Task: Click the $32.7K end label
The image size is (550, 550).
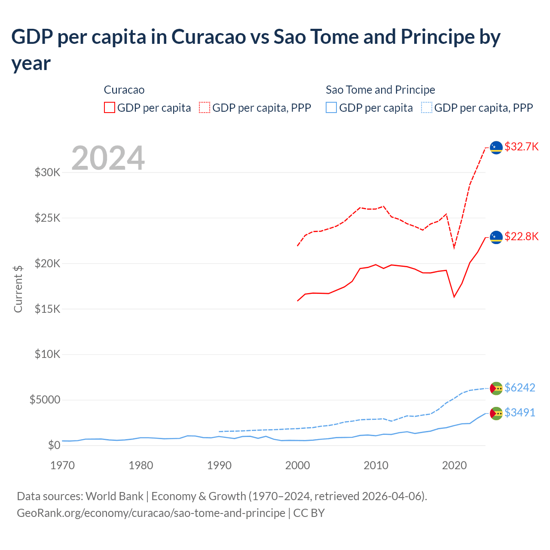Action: pos(521,147)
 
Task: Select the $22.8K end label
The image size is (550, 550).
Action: pos(521,236)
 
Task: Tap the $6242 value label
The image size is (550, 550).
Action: pos(519,388)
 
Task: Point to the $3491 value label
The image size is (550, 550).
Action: pos(519,412)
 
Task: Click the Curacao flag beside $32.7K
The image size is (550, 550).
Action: pos(496,147)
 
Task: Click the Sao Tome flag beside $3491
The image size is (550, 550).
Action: pos(496,413)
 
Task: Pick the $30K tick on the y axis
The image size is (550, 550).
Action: pos(47,172)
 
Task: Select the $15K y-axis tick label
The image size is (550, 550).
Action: pos(47,309)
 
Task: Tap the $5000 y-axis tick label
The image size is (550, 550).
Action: pos(45,400)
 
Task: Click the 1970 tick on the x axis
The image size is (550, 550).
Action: pos(62,465)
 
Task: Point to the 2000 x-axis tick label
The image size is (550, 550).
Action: pos(297,465)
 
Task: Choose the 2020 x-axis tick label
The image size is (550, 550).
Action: pos(454,465)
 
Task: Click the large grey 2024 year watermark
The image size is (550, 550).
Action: pos(108,158)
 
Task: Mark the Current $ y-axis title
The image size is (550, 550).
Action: pos(18,289)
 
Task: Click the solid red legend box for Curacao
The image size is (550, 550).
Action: pos(110,107)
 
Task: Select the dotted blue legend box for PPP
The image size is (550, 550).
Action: pos(427,107)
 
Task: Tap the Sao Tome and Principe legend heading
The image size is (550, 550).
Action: pos(380,90)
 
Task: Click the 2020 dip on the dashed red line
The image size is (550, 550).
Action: pos(454,247)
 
